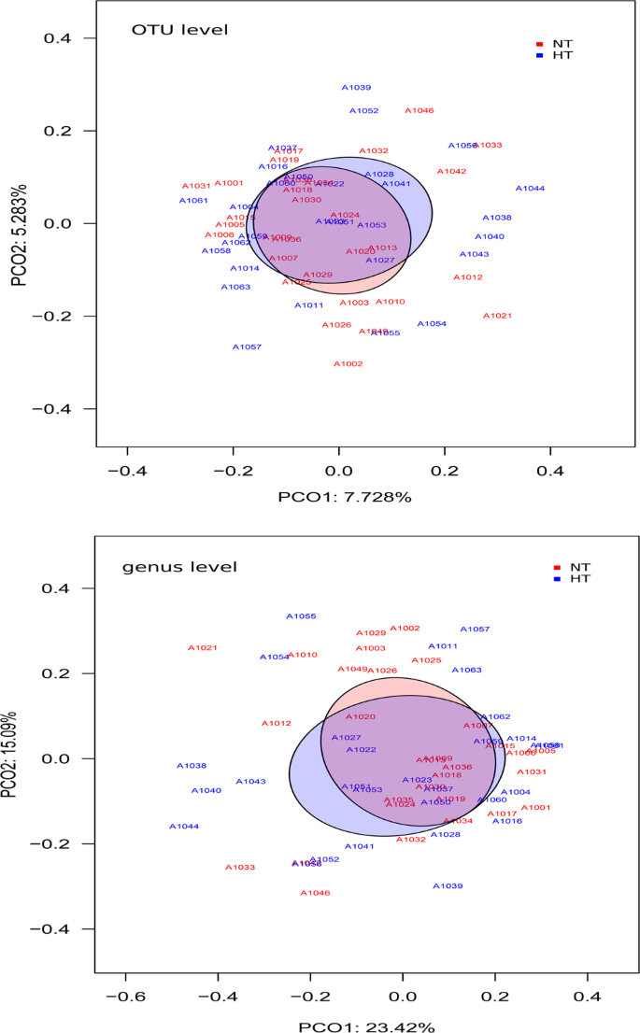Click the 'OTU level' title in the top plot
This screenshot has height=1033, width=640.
178,31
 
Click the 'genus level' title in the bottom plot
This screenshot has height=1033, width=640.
179,567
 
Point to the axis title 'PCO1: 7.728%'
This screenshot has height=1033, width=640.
345,497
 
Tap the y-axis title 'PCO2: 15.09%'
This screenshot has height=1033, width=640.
18,758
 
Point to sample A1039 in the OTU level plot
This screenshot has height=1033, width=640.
356,88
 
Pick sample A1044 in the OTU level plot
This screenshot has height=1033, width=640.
530,189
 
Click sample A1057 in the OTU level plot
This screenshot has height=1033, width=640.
247,347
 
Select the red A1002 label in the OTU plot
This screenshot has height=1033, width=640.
348,364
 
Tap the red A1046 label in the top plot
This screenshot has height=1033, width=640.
420,111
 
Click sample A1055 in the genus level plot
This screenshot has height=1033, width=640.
301,616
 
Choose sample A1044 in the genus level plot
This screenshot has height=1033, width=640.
184,827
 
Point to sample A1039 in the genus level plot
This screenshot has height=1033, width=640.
448,886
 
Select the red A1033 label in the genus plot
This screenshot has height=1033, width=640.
240,868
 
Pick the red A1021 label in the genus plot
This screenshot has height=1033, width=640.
202,648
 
